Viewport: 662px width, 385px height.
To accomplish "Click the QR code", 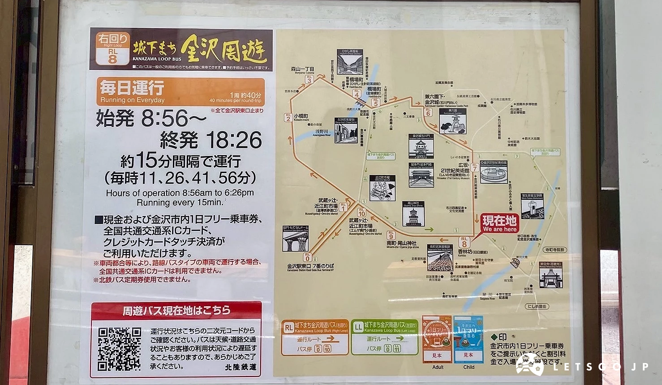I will pos(119,348).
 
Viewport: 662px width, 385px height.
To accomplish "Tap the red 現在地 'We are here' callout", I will pos(499,223).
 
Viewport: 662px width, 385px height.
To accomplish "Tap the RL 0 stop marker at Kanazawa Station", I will pos(307,257).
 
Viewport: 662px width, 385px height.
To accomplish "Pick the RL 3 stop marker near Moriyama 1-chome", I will pos(309,79).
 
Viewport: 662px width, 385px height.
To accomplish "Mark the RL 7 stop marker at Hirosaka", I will pos(474,167).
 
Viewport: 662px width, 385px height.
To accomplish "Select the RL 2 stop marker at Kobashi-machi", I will pos(288,117).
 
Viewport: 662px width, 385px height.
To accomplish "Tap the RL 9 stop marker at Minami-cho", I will pos(391,234).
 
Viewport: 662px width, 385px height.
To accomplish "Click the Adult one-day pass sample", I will pos(437,339).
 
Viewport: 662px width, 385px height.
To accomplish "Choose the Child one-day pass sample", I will pos(468,339).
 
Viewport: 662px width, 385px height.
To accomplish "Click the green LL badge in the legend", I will pos(358,328).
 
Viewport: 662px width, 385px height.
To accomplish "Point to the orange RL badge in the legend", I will pos(289,328).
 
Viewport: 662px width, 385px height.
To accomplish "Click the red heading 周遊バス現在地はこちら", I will pos(176,310).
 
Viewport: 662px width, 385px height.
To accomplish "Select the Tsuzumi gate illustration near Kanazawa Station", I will pos(296,238).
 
